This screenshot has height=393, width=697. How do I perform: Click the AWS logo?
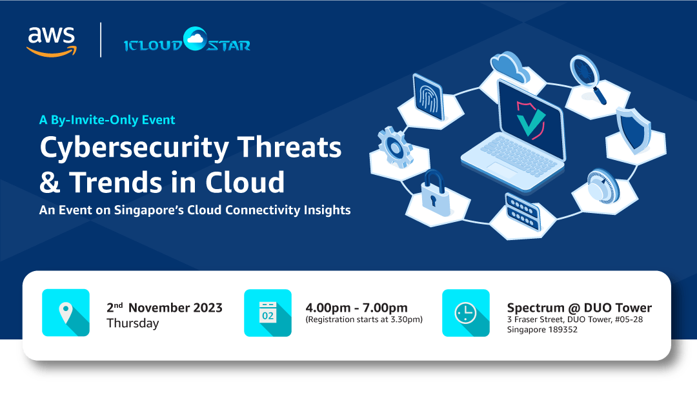(51, 40)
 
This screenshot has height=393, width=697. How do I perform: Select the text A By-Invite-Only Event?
(107, 119)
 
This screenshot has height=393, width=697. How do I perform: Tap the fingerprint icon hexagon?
(427, 97)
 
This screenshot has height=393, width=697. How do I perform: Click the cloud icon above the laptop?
(510, 65)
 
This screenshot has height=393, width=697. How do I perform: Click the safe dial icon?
(603, 186)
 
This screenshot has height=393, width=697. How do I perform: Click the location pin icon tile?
(66, 313)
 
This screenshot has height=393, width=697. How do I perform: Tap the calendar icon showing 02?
(268, 313)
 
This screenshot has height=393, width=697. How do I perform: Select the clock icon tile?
(465, 313)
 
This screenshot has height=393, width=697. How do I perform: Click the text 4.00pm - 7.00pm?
(356, 307)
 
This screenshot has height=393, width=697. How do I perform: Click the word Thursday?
(132, 323)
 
